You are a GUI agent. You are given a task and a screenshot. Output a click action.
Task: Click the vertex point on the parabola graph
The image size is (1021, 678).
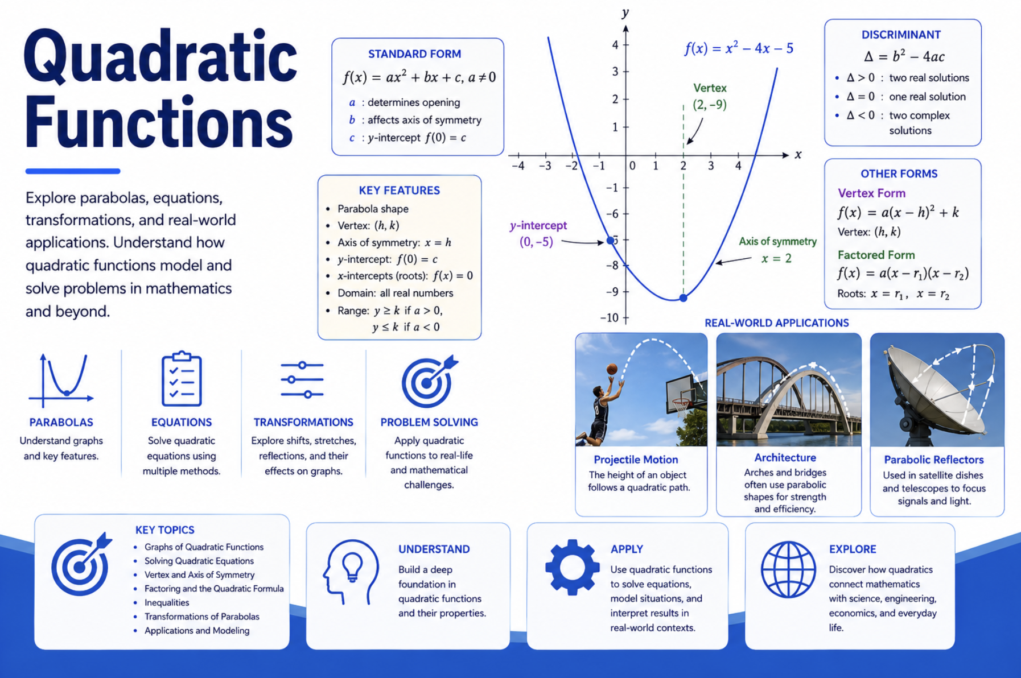coord(684,297)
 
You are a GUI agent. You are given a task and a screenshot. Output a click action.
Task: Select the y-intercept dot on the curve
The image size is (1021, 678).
coord(611,241)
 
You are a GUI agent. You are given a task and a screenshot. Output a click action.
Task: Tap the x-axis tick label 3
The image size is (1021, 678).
coord(711,166)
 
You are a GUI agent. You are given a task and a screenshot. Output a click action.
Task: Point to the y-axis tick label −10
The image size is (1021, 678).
coord(609,317)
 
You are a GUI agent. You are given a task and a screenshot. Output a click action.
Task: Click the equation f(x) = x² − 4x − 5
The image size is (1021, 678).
coord(739,48)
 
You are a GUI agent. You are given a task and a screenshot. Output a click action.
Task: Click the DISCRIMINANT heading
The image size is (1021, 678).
coord(901,35)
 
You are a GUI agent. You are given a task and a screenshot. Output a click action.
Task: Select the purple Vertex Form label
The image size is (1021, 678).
coord(871,193)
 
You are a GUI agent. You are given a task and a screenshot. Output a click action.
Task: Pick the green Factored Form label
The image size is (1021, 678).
coord(876,255)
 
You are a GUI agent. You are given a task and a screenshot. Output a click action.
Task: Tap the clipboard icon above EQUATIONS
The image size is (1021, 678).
coord(182,378)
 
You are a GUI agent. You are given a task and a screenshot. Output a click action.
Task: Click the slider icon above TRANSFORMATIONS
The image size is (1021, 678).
coord(302,379)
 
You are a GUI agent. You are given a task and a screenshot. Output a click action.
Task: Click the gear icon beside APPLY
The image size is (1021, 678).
coord(572,567)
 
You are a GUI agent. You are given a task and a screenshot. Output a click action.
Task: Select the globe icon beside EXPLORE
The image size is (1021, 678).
coord(788,569)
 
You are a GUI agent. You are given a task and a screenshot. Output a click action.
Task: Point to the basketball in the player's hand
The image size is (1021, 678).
coord(612,369)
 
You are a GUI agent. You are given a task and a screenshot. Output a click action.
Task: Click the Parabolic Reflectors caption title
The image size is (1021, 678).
coord(933,460)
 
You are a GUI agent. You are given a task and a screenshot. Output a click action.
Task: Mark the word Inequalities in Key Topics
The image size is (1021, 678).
coord(167,602)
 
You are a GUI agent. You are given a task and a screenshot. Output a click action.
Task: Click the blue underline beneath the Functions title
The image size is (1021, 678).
coord(73,171)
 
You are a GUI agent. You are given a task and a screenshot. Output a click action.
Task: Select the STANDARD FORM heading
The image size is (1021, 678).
coord(414,54)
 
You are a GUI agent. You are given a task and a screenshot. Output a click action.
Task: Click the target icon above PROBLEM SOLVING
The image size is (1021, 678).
coord(429,381)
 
